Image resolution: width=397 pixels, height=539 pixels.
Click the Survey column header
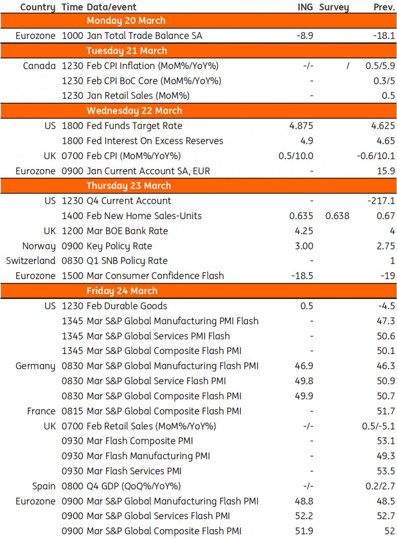[334, 7]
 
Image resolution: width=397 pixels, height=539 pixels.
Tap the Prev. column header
[384, 7]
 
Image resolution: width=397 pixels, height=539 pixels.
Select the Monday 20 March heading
[126, 21]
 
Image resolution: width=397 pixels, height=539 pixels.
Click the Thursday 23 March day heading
[129, 186]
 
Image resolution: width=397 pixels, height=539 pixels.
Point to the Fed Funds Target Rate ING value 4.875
[301, 126]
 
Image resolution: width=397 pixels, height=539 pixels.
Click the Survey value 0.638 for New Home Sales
[337, 216]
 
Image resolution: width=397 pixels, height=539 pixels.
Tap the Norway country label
[39, 246]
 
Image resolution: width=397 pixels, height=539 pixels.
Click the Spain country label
[44, 486]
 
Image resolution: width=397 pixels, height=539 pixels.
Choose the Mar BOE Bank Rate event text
[127, 231]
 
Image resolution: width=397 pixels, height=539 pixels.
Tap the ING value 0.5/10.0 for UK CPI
[296, 156]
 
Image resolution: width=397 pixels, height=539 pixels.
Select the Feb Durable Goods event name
[127, 306]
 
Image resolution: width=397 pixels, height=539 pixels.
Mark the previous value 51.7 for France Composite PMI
[386, 411]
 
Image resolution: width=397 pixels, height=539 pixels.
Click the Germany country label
[35, 366]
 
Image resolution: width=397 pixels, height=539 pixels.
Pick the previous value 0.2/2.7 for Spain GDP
[379, 486]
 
